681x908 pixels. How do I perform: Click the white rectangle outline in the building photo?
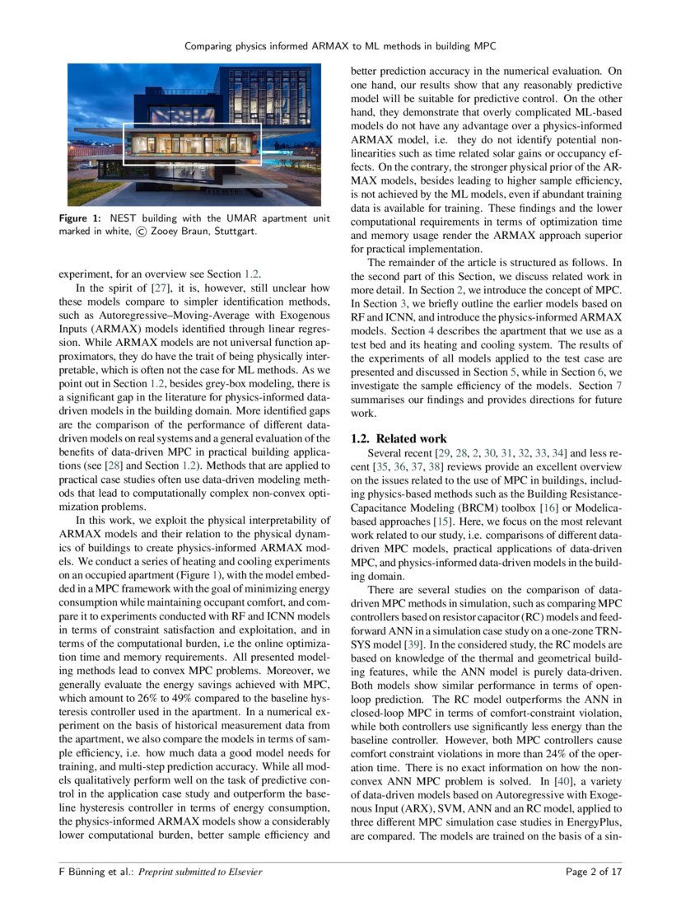coord(193,143)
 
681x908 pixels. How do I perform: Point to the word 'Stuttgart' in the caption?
coord(235,232)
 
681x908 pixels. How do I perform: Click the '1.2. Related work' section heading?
coord(399,439)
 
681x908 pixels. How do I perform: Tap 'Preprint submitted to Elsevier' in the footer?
coord(200,872)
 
